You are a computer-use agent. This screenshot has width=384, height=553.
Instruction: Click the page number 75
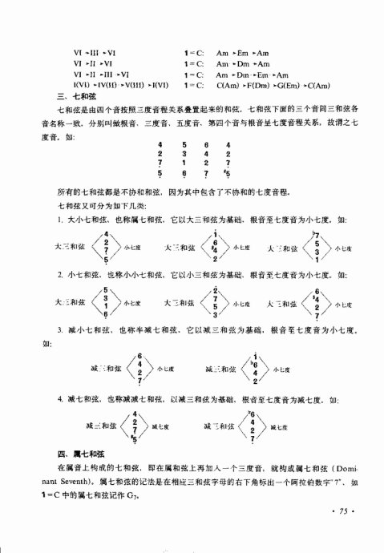340,511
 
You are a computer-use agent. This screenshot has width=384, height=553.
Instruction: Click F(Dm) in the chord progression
268,85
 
